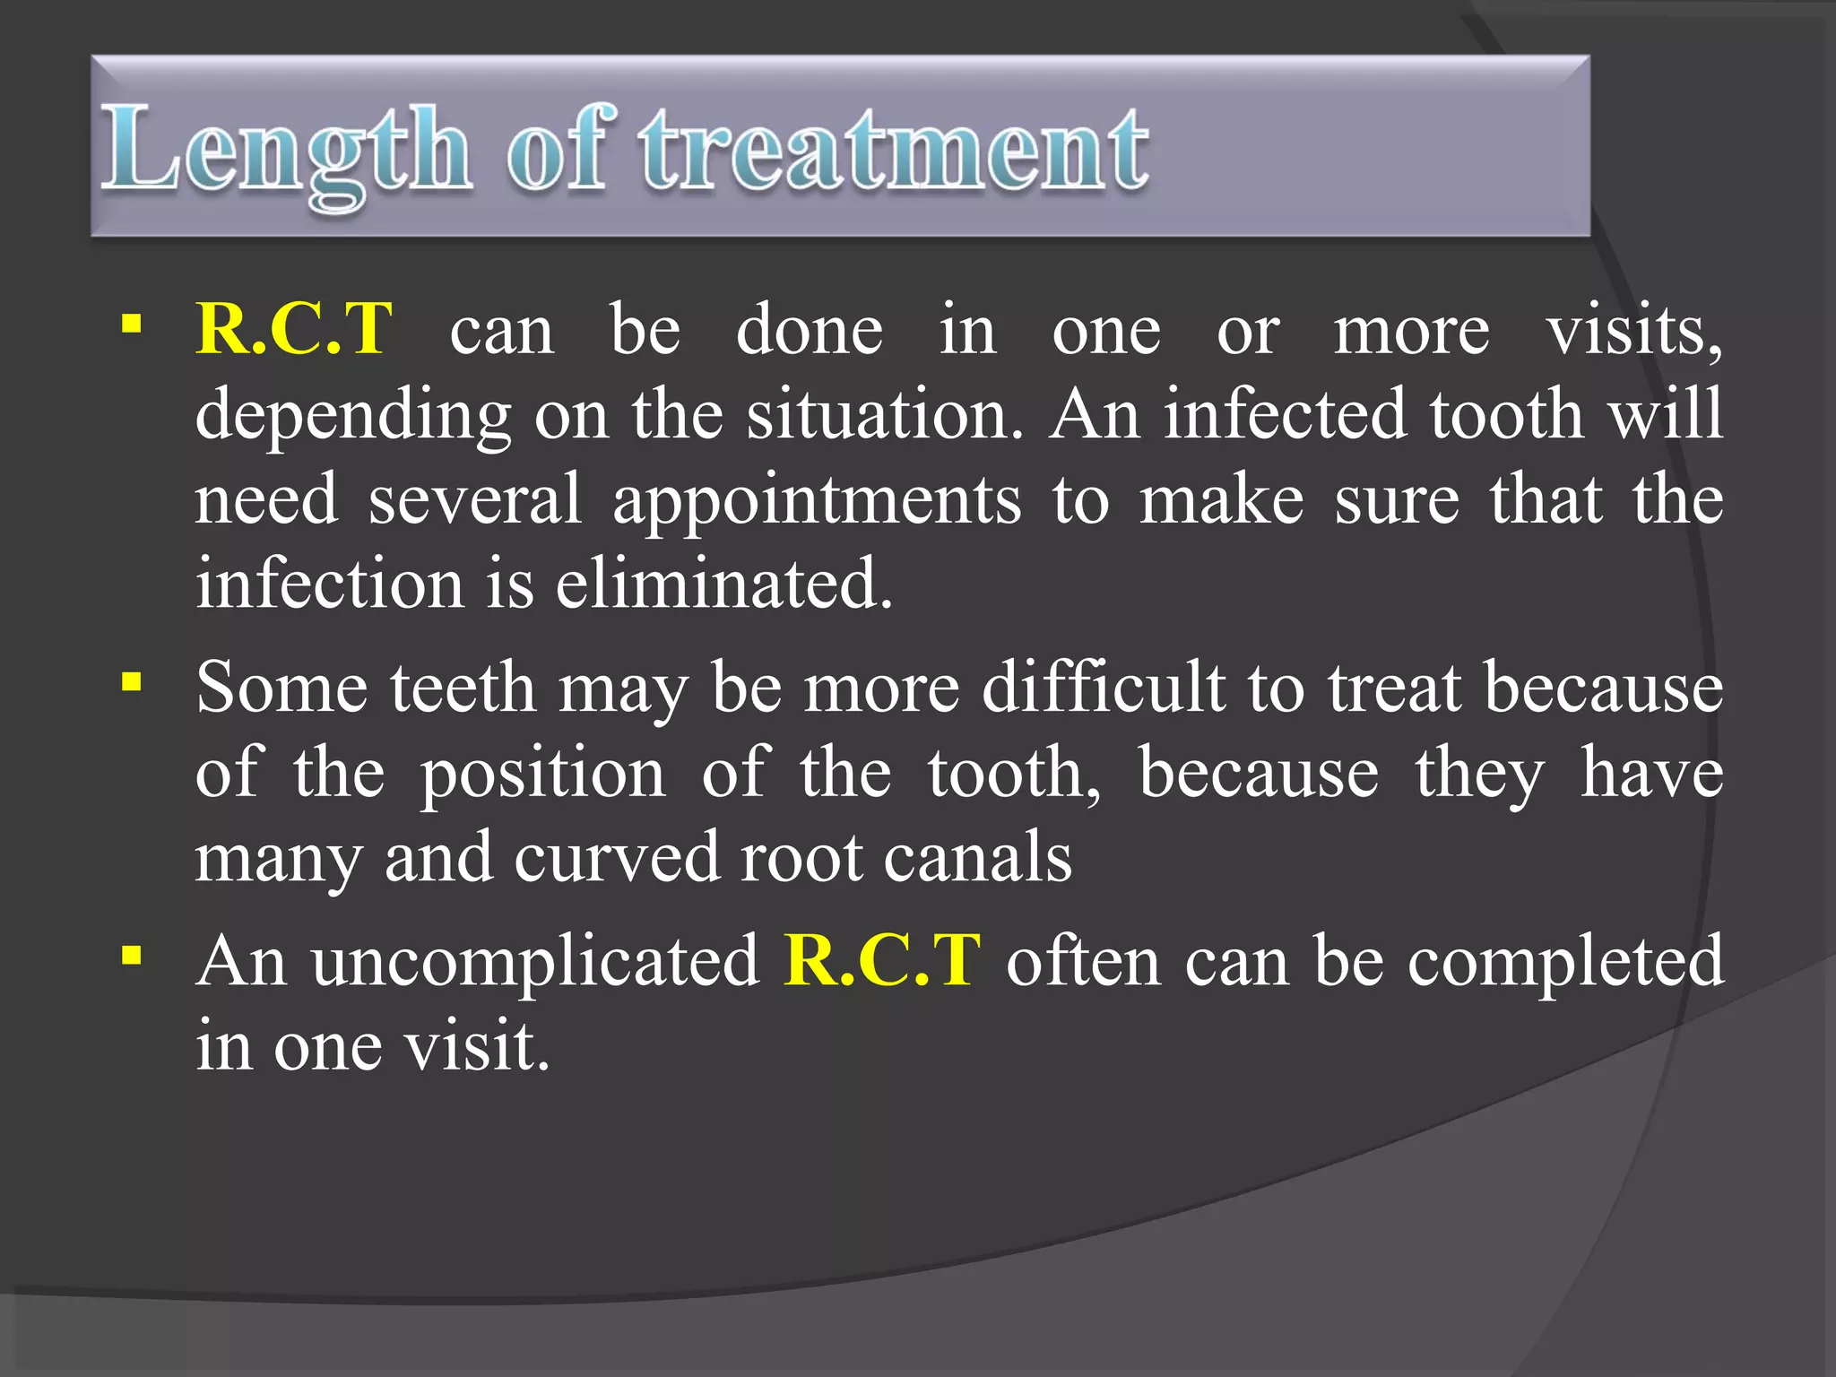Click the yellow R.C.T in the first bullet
pyautogui.click(x=294, y=329)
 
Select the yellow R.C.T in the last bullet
pyautogui.click(x=882, y=960)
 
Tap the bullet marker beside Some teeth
pyautogui.click(x=132, y=684)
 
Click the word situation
pyautogui.click(x=883, y=414)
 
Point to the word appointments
pyautogui.click(x=816, y=499)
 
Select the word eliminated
pyautogui.click(x=724, y=584)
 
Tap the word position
pyautogui.click(x=543, y=773)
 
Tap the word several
pyautogui.click(x=475, y=499)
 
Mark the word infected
pyautogui.click(x=1285, y=414)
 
